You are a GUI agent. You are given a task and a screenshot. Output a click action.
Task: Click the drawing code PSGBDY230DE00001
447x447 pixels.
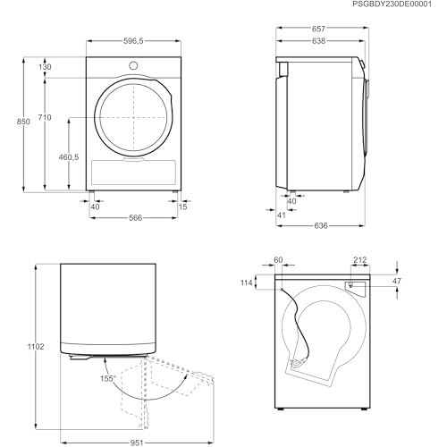point(392,4)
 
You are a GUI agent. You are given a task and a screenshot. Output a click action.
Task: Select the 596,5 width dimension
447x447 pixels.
point(133,41)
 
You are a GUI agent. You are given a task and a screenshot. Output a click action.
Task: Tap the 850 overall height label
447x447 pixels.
point(23,122)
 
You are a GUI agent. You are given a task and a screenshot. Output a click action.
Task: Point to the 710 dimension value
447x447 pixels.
point(45,117)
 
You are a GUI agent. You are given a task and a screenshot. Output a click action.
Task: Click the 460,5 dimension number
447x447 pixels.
point(69,156)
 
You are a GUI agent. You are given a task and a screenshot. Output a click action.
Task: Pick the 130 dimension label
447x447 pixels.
point(45,67)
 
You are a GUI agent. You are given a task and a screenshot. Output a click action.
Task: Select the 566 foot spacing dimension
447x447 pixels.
point(136,218)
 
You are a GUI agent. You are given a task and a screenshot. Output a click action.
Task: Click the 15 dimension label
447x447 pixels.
point(182,207)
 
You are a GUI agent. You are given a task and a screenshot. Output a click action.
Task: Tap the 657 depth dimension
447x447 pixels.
point(318,29)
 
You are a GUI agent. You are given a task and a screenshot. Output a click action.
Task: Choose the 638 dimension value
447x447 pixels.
point(318,41)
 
